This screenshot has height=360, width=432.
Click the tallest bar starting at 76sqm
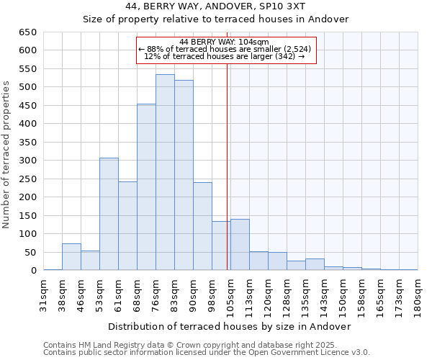coord(165,173)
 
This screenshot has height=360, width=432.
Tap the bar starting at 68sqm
coord(146,187)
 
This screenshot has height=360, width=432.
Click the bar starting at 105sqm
coord(240,245)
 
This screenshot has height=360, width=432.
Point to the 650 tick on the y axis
coord(29,32)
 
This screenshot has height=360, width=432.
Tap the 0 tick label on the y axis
coord(34,271)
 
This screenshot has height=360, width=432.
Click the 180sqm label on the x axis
coord(418,295)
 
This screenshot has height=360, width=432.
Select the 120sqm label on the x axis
coord(269,295)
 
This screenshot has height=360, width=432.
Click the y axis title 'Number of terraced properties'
coord(7,154)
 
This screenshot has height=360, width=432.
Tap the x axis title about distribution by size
coord(229,326)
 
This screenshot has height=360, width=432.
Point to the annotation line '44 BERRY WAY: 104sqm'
coord(225,42)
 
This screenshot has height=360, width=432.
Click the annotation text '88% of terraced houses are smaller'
coord(225,49)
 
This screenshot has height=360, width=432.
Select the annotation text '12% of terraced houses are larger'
coord(225,56)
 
